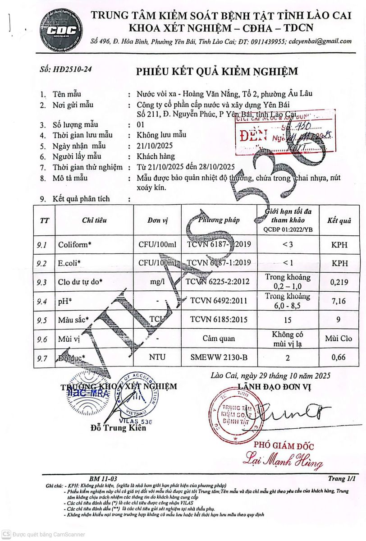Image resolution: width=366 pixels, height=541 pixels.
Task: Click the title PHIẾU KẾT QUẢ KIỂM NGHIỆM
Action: tap(217, 72)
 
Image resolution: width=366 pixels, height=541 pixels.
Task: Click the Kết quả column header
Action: tap(339, 220)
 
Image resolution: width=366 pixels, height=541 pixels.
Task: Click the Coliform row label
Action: tap(75, 245)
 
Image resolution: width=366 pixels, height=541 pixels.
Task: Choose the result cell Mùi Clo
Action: tap(339, 339)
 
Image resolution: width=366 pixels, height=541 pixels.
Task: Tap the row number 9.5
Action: tap(43, 321)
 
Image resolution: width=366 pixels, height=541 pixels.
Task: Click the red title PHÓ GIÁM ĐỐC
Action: tap(284, 446)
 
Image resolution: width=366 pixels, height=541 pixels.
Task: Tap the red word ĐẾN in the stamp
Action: tap(254, 135)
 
